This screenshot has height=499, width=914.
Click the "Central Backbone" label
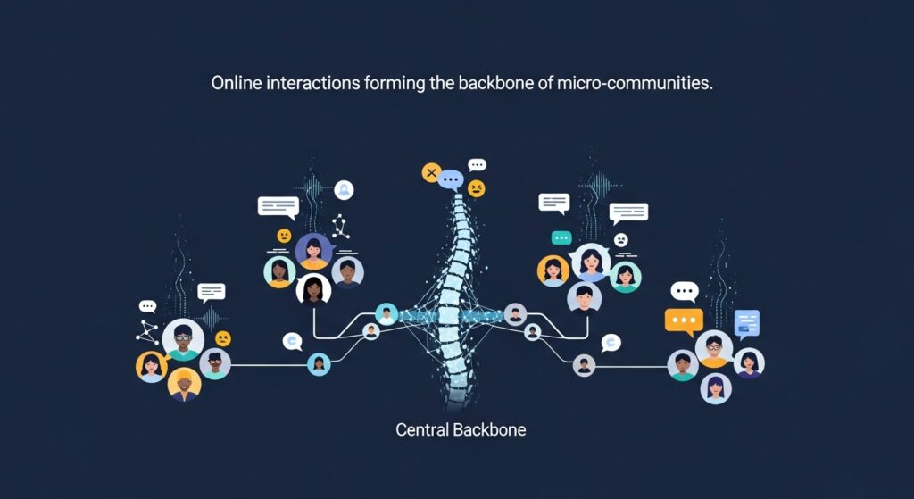point(461,429)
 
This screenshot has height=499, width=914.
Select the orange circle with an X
point(431,172)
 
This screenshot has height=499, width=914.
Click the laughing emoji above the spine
point(477,188)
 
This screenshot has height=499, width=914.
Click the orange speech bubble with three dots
point(684,320)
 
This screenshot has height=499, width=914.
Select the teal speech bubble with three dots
point(561,237)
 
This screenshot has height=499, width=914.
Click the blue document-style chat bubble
point(746,322)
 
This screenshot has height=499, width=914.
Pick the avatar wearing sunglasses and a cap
point(215,362)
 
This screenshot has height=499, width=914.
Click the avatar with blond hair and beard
point(185,385)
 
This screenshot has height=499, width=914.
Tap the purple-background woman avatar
point(313,251)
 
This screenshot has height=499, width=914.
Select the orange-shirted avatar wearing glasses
point(714,349)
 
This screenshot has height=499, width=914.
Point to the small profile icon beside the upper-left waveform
point(344,189)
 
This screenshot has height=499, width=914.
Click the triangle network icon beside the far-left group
point(147,332)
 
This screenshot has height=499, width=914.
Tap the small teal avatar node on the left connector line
point(319,363)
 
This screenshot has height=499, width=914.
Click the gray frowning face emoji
point(621,239)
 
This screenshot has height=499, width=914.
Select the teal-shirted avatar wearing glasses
point(183,340)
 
